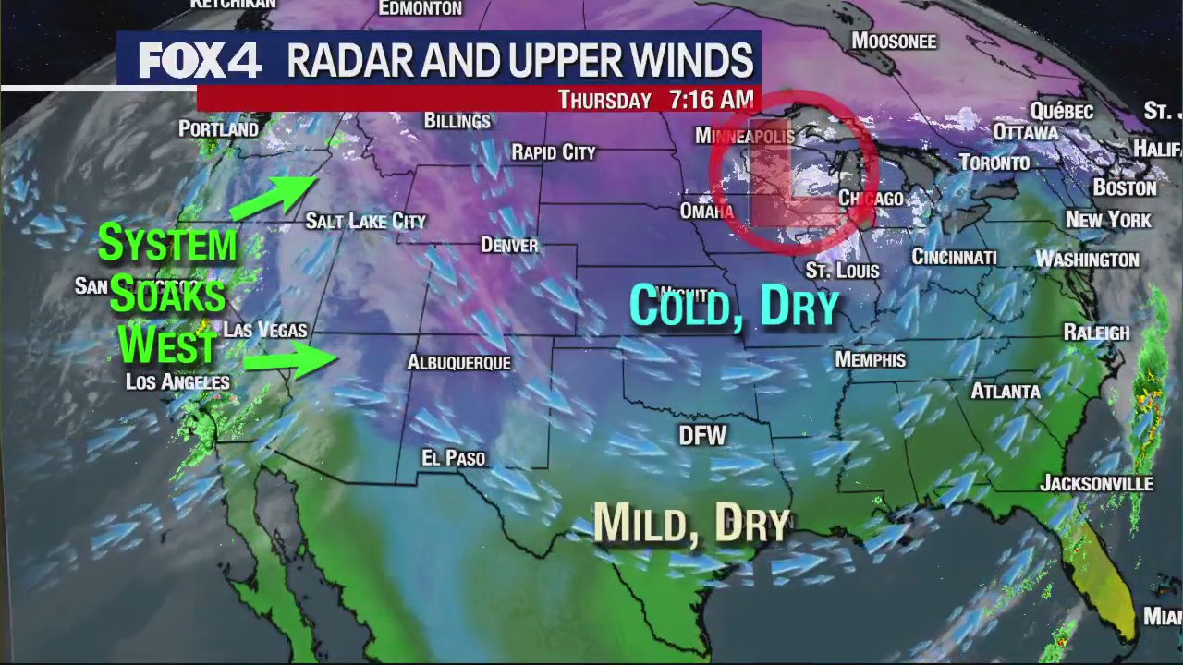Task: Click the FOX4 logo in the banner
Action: point(201,61)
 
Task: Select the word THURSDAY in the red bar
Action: point(604,101)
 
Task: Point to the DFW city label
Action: point(702,436)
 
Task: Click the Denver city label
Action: point(509,245)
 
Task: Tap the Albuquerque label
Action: point(458,363)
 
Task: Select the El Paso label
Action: point(453,458)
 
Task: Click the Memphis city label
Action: point(870,359)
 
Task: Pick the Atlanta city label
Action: point(1005,392)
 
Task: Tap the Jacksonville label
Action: point(1096,483)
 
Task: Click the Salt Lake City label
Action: point(365,221)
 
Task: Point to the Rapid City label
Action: point(554,152)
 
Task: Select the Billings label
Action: point(457,121)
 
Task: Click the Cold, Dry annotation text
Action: point(734,306)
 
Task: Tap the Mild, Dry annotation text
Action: point(691,523)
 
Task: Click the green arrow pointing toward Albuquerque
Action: point(303,358)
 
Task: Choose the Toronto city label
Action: point(994,163)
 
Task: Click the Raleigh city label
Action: point(1096,332)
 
